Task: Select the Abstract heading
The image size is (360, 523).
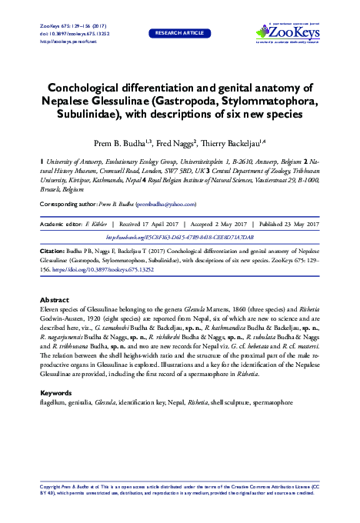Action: (x=54, y=300)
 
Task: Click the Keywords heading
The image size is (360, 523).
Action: (x=55, y=392)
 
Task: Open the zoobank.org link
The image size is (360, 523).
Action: (x=179, y=238)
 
